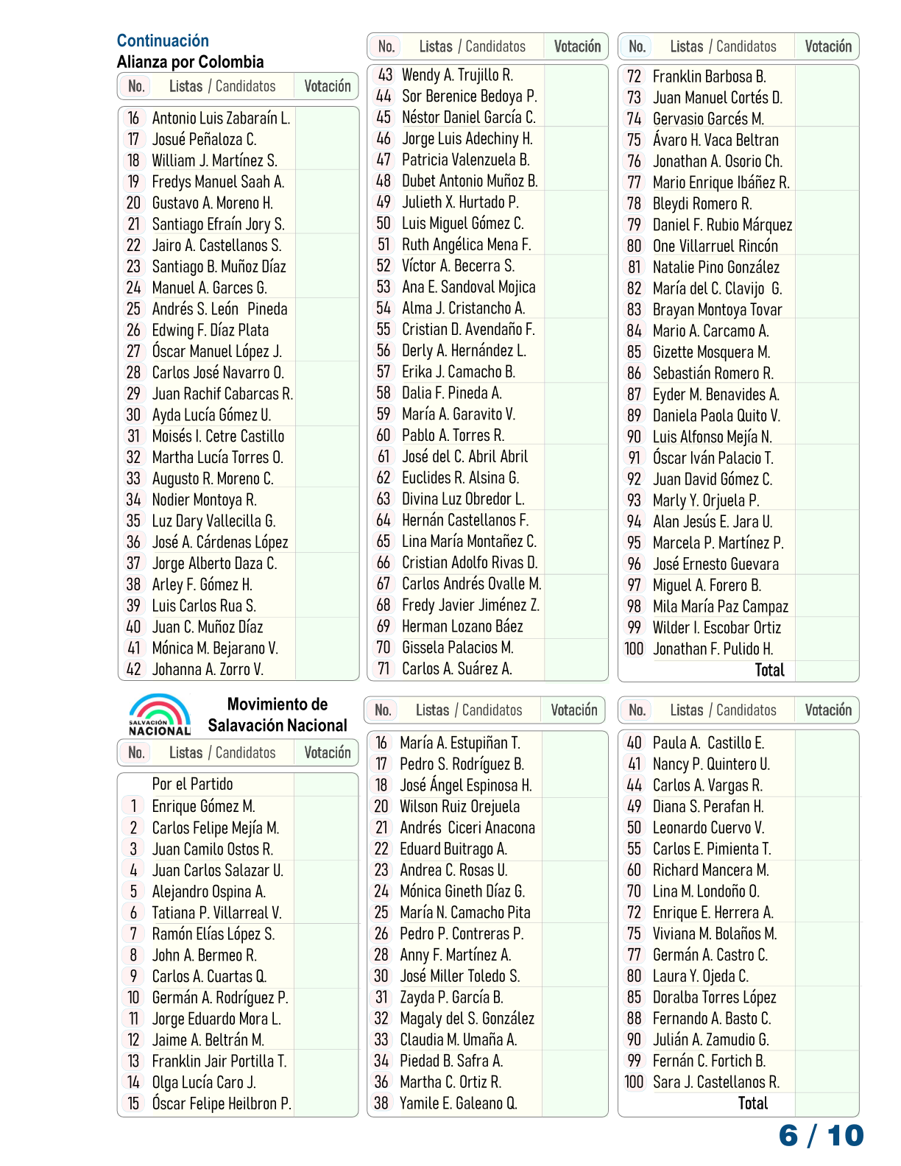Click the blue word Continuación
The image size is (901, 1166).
pyautogui.click(x=163, y=40)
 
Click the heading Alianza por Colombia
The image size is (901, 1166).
pyautogui.click(x=190, y=62)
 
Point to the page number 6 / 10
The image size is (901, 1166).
pyautogui.click(x=821, y=1135)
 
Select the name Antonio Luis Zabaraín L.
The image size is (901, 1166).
pyautogui.click(x=221, y=118)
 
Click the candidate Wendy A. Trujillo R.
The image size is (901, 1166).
pyautogui.click(x=457, y=75)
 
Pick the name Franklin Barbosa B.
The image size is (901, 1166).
pyautogui.click(x=709, y=77)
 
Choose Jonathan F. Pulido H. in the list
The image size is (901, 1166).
pyautogui.click(x=713, y=649)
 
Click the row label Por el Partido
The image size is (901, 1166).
pyautogui.click(x=192, y=784)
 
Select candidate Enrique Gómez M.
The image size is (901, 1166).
pyautogui.click(x=203, y=806)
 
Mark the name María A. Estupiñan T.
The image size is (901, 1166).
pyautogui.click(x=459, y=743)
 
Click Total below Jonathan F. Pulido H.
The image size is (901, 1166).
pyautogui.click(x=769, y=670)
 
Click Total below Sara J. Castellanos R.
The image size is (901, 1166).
pyautogui.click(x=752, y=1103)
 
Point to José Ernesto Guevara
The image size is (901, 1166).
pyautogui.click(x=715, y=564)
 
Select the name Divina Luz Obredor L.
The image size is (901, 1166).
pyautogui.click(x=463, y=499)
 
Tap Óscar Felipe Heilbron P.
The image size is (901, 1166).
pyautogui.click(x=222, y=1103)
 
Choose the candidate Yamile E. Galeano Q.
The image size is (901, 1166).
pyautogui.click(x=458, y=1103)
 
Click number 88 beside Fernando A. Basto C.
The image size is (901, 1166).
pyautogui.click(x=634, y=1019)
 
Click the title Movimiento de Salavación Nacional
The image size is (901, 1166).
pyautogui.click(x=278, y=715)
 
